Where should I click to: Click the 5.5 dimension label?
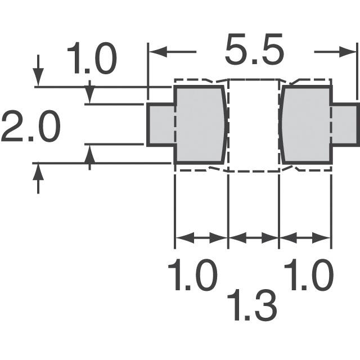[254, 51]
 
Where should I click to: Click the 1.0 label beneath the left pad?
[193, 276]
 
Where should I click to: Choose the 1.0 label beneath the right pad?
[309, 276]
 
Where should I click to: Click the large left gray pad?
[200, 124]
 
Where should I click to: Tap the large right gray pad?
[305, 124]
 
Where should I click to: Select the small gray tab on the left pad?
[161, 124]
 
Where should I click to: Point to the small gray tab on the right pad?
[344, 124]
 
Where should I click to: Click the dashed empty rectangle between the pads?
[253, 125]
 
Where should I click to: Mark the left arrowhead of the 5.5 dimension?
[155, 52]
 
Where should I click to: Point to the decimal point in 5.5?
[254, 62]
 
